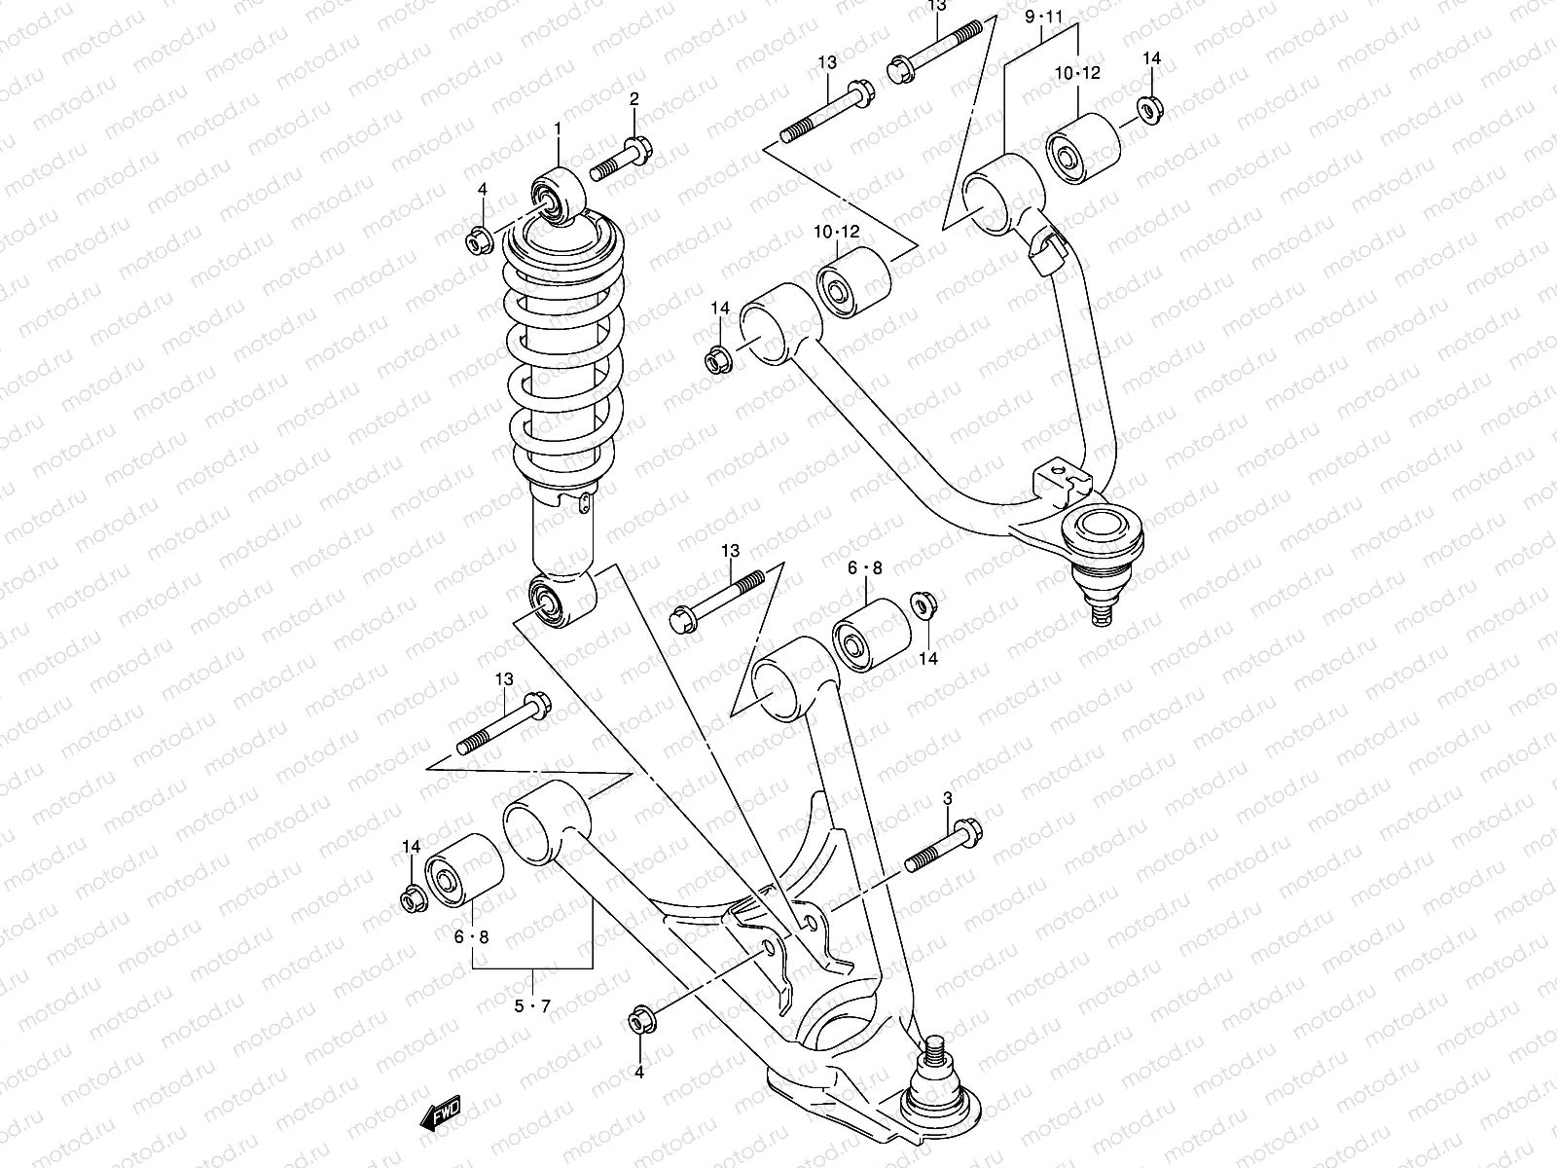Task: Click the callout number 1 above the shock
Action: point(559,128)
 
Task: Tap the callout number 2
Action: point(634,98)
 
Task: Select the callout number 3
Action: point(947,800)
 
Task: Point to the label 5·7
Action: point(532,1005)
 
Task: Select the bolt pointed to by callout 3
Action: point(943,847)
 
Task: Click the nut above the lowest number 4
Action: point(640,1020)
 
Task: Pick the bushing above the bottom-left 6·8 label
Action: point(464,869)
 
